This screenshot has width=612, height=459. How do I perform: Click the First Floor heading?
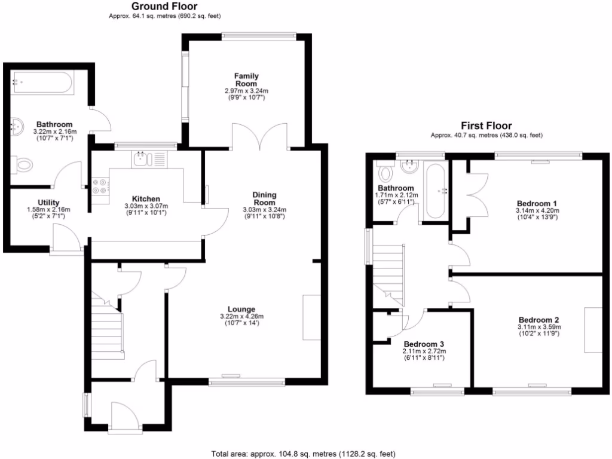pos(486,126)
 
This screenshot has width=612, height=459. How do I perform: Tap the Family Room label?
pos(246,79)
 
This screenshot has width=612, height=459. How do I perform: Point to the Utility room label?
pos(48,203)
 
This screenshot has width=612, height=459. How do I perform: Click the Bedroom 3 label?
pos(424,344)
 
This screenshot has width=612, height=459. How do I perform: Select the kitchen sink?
pos(142,159)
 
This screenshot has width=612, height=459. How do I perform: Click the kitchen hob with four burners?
pos(100,186)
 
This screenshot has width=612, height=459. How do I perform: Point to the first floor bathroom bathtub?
pos(435,191)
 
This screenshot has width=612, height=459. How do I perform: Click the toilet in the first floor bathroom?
pos(386,173)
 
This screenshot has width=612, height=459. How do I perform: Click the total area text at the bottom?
pos(304,453)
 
